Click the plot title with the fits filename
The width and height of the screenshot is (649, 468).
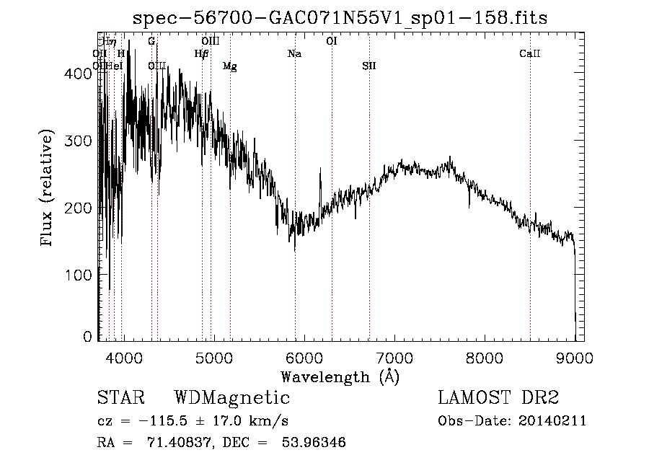click(340, 18)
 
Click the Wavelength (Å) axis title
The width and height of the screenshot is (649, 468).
click(340, 376)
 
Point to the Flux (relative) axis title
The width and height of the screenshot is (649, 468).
click(48, 189)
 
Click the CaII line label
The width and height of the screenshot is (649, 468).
click(530, 54)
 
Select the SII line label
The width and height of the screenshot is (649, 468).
click(369, 66)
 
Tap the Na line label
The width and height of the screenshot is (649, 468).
click(294, 54)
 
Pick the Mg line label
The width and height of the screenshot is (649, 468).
click(230, 66)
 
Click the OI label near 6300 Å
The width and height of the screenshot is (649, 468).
click(332, 42)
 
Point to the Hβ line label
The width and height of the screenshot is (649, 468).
click(202, 54)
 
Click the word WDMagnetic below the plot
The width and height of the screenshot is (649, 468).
click(232, 398)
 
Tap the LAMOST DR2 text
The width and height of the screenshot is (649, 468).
click(498, 398)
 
